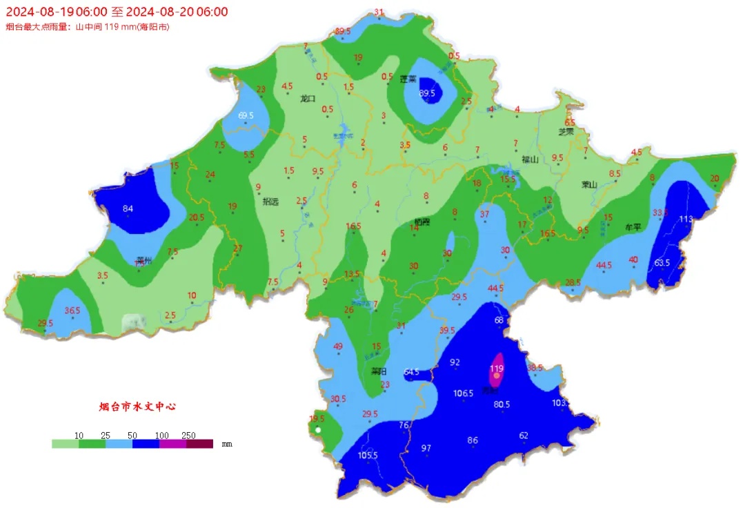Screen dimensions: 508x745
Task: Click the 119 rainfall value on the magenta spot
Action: coord(496,369)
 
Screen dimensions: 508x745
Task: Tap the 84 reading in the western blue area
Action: coord(128,209)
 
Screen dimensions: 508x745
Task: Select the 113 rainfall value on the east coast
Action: coord(686,219)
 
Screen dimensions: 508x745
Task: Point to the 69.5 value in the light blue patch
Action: coord(246,115)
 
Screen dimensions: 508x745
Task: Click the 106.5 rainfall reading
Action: coord(463,393)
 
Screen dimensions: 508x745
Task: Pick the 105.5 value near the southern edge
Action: coord(368,455)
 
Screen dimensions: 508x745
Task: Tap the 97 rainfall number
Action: coord(426,449)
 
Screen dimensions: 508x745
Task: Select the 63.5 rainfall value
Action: coord(662,262)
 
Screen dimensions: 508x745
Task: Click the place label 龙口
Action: coord(308,99)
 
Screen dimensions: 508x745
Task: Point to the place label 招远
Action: coord(270,202)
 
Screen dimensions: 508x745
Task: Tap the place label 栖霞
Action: coord(421,222)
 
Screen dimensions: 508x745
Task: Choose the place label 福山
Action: coord(530,159)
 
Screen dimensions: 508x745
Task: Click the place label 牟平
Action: coord(633,226)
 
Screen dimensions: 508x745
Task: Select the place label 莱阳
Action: coord(378,371)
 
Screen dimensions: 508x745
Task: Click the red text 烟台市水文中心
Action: coord(137,407)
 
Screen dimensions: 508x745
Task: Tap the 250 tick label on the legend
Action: coord(188,436)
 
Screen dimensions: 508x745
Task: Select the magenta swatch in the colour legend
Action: coord(172,444)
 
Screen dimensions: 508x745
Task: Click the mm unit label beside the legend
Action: coord(227,444)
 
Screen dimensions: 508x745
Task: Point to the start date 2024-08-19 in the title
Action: coord(36,12)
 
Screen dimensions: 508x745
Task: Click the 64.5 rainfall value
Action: coord(411,372)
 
